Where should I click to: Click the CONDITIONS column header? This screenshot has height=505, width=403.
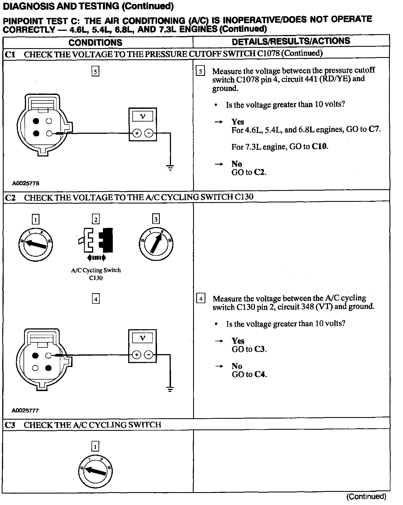point(95,42)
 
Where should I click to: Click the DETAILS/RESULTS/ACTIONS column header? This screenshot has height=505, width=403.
point(291,41)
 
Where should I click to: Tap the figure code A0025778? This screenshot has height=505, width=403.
point(25,183)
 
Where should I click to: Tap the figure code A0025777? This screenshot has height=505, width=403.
point(25,410)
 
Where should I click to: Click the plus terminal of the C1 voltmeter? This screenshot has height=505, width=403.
point(137,134)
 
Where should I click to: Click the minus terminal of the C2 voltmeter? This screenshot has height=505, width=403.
point(148,355)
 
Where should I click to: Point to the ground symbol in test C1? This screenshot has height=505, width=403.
point(170,167)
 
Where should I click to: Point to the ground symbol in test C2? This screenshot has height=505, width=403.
point(170,389)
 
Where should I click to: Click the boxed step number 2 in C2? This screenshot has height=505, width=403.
point(96,219)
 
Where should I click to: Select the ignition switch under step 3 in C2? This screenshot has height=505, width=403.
point(156,244)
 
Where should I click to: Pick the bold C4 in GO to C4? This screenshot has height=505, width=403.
point(260,374)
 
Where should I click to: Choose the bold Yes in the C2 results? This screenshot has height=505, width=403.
point(238,341)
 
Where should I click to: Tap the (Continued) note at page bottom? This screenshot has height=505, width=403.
point(366,497)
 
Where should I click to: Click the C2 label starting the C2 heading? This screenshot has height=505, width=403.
point(10,198)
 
